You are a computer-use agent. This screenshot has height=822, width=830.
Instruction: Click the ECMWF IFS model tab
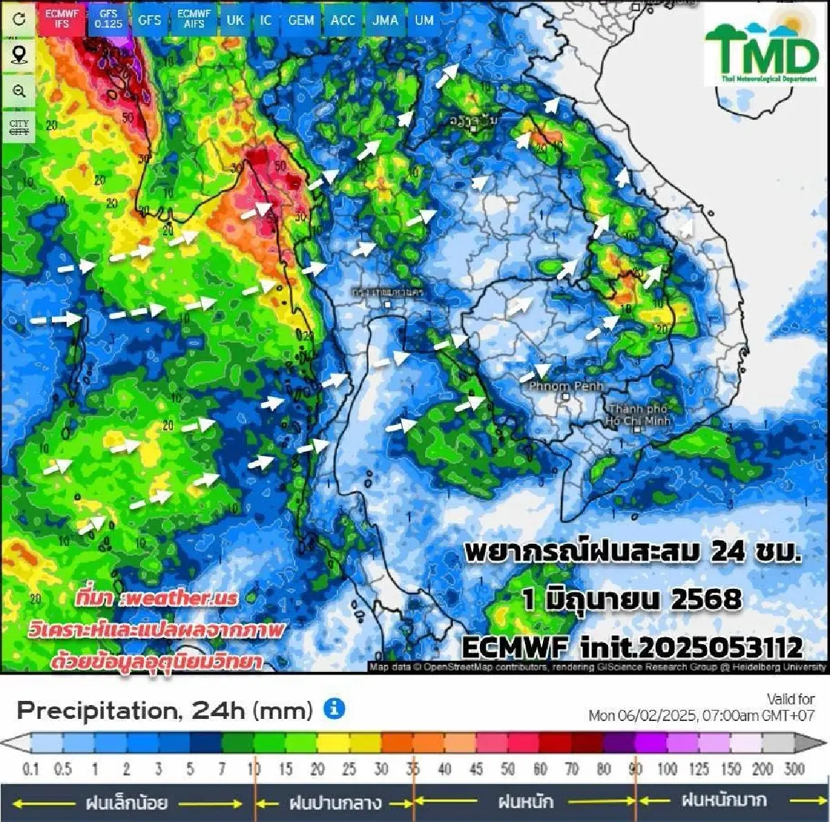click(62, 19)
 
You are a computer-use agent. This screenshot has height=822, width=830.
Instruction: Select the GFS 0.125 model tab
click(109, 19)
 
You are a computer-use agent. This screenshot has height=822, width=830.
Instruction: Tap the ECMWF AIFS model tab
click(194, 19)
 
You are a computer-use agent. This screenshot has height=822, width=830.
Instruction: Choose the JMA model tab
click(385, 19)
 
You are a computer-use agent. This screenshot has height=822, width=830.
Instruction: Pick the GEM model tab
click(301, 19)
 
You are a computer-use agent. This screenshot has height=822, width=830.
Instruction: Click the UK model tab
click(235, 19)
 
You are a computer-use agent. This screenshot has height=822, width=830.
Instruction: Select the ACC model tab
click(343, 19)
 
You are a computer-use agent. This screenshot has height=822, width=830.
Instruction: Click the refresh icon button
click(19, 19)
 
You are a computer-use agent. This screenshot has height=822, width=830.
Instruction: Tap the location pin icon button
click(19, 55)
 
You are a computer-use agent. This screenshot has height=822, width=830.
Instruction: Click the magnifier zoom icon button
click(19, 91)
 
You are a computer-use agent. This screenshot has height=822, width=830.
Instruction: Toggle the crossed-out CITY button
click(19, 127)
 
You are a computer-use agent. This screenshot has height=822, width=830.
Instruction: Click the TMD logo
click(762, 48)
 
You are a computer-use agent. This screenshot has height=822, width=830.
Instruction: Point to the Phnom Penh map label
click(566, 387)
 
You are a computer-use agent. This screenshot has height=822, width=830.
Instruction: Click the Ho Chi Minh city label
click(638, 415)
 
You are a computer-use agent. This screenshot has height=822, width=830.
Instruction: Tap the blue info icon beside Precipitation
click(334, 709)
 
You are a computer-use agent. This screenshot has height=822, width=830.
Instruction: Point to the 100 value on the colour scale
click(667, 769)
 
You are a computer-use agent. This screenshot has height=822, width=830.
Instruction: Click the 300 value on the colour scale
click(794, 769)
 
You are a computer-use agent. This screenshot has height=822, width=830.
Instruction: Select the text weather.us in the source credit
click(179, 599)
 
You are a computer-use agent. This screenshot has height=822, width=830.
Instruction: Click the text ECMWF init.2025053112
click(631, 648)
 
